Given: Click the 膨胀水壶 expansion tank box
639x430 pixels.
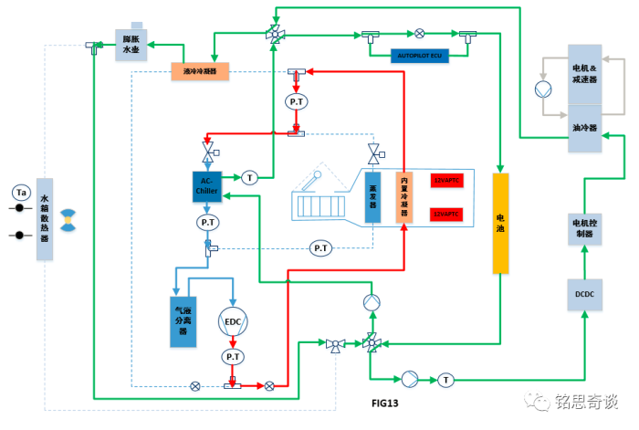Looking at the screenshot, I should (x=134, y=45).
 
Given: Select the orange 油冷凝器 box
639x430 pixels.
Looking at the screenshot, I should (x=199, y=70).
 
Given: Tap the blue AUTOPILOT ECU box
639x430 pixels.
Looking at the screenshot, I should (x=419, y=56).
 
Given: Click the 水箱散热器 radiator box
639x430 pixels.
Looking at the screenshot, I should (x=45, y=219).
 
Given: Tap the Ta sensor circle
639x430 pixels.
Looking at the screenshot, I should (x=21, y=193).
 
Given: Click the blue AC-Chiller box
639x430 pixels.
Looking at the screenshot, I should (x=207, y=187).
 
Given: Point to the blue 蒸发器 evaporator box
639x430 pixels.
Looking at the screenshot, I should (x=372, y=197).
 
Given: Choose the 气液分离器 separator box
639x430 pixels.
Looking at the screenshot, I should (x=183, y=321).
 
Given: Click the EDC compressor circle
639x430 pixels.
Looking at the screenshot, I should (x=233, y=321).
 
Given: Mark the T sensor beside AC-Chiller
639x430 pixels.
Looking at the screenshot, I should (x=250, y=177).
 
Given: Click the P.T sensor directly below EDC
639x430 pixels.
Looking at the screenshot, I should (x=233, y=357).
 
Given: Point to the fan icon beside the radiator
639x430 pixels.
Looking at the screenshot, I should (x=68, y=220).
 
